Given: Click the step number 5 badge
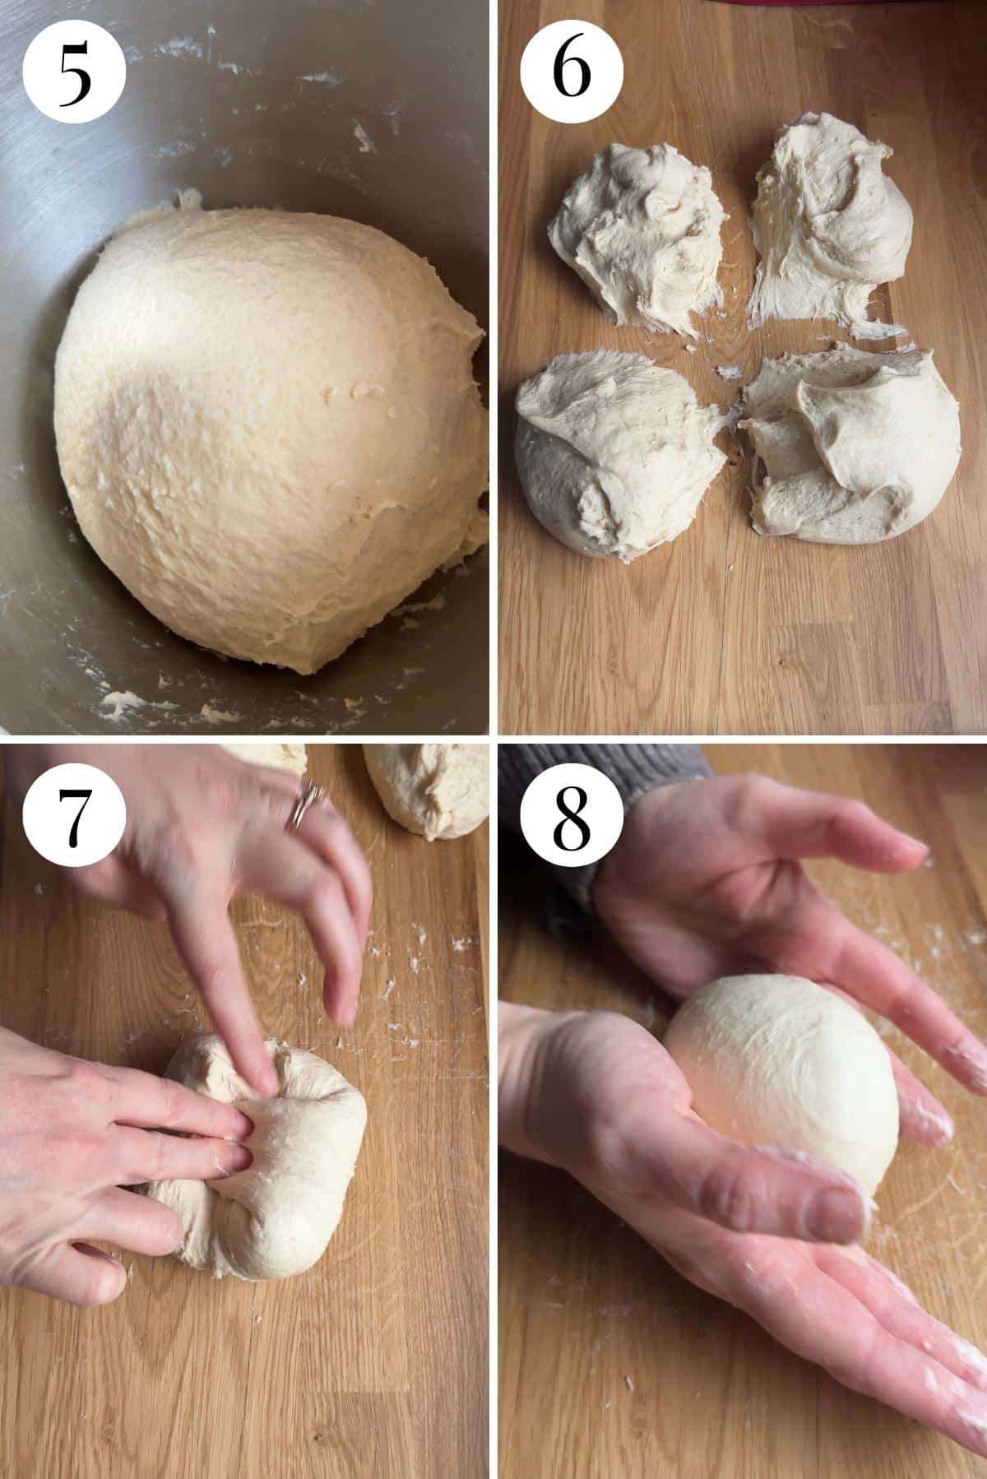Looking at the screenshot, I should [75, 72].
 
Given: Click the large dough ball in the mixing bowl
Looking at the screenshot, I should [263, 436].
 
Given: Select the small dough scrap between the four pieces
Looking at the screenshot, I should [728, 372].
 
